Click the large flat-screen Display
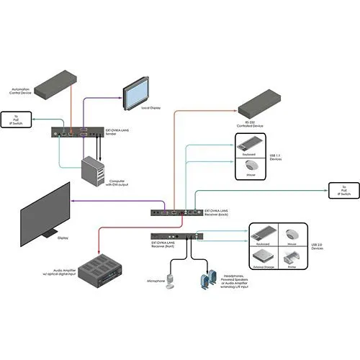pyautogui.click(x=44, y=210)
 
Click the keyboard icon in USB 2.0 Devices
pyautogui.click(x=264, y=234)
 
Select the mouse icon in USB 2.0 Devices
pyautogui.click(x=292, y=235)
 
